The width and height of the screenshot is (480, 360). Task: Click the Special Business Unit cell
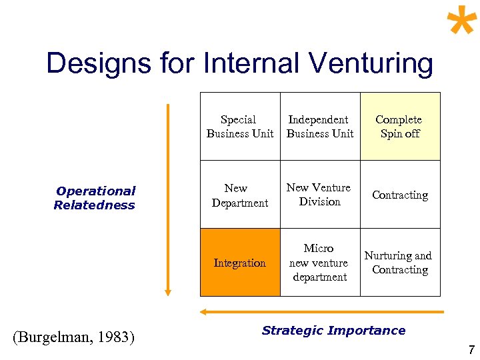click(x=240, y=127)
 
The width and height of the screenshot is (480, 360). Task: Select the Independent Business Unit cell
click(x=320, y=127)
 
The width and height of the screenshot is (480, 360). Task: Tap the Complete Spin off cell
click(x=400, y=127)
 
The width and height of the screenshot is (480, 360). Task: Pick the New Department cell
click(x=240, y=195)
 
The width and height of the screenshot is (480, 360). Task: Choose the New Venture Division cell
click(x=320, y=195)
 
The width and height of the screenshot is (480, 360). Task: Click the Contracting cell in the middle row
click(x=400, y=195)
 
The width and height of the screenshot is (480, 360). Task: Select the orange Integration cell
click(x=240, y=263)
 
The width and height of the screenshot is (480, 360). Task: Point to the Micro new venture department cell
click(x=320, y=263)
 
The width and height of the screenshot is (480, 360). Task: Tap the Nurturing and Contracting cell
click(x=400, y=263)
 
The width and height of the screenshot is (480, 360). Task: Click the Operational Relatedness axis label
click(x=95, y=198)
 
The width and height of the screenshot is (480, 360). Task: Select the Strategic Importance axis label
click(x=333, y=330)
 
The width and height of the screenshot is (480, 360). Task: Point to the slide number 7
click(x=471, y=350)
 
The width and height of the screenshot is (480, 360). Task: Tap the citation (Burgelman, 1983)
click(x=73, y=338)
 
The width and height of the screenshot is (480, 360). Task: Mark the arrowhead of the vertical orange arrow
click(x=168, y=291)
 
